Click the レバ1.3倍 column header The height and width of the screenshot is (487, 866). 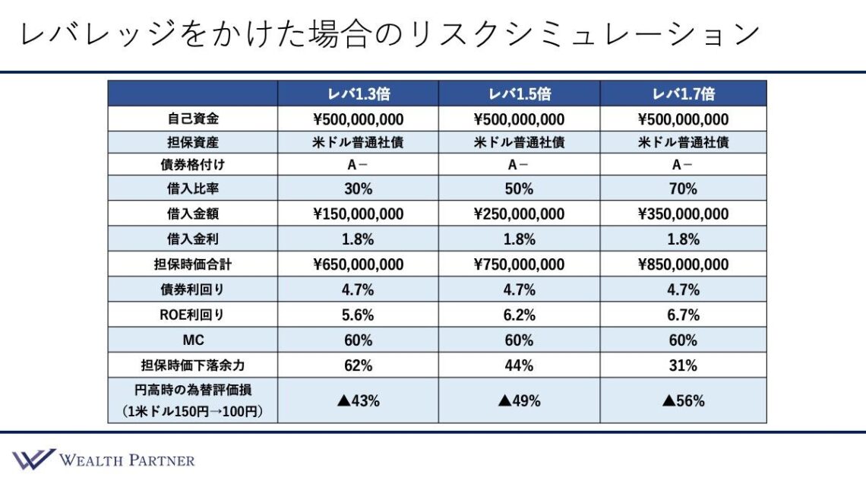(x=358, y=94)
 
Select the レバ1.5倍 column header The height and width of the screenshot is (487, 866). (x=519, y=94)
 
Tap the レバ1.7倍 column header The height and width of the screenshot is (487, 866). (x=683, y=94)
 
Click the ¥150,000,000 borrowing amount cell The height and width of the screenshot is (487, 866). (x=358, y=214)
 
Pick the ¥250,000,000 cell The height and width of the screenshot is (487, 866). (x=519, y=214)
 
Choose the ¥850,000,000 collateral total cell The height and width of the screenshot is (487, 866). (x=683, y=264)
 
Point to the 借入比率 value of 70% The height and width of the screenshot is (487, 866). (x=683, y=189)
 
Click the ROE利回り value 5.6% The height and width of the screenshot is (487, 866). (x=358, y=315)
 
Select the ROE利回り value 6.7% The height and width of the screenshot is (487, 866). (x=683, y=315)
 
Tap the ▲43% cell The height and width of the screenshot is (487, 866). (x=358, y=400)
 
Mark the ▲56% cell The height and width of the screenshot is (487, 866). (x=683, y=400)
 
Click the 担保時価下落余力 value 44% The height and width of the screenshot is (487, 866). (x=519, y=365)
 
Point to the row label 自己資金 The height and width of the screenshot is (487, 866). (x=192, y=119)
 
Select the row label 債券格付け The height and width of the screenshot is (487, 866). (x=192, y=165)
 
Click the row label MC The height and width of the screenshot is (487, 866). (x=192, y=340)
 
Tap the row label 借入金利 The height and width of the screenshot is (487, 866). (x=192, y=239)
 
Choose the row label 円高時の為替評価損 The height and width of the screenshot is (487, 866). (x=192, y=390)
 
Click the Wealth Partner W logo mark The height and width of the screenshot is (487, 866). (x=33, y=459)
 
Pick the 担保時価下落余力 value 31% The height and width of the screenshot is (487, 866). (x=683, y=365)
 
